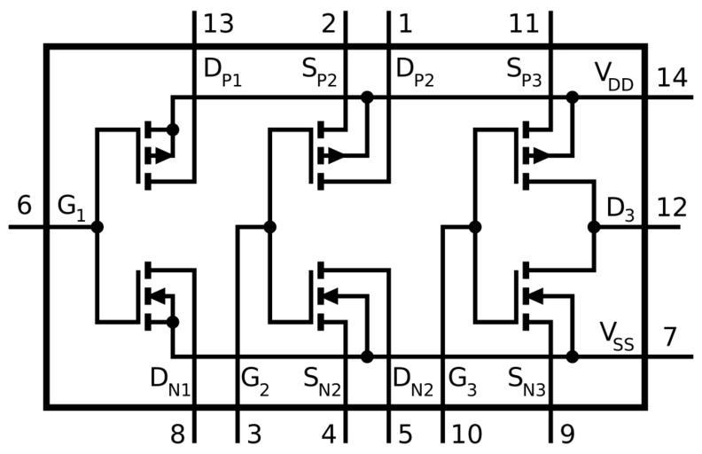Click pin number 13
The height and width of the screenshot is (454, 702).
(219, 23)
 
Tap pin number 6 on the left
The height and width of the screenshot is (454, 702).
(24, 206)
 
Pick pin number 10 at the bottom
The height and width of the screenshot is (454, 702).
(467, 434)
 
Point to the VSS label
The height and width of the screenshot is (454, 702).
(617, 337)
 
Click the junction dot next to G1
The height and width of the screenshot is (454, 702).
(97, 227)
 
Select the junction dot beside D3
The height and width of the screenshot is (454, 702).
(594, 227)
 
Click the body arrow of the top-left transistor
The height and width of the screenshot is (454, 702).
(160, 156)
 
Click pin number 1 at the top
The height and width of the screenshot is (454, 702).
(405, 23)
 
